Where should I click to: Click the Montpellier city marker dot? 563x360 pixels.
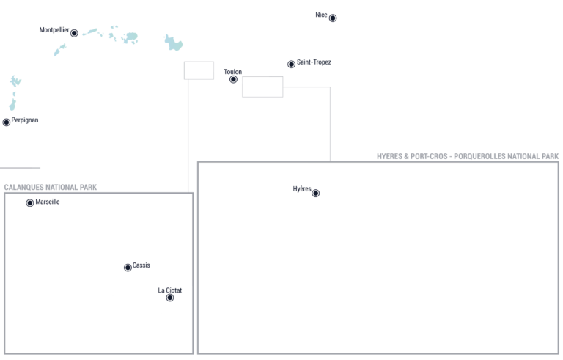click(x=74, y=33)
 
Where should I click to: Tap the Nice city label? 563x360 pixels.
click(x=321, y=15)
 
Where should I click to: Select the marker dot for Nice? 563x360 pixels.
click(x=333, y=18)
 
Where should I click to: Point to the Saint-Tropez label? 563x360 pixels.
click(x=314, y=62)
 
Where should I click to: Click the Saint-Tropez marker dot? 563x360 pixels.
click(x=291, y=64)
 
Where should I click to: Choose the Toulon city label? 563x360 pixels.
click(x=232, y=72)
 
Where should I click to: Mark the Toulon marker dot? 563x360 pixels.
click(x=233, y=79)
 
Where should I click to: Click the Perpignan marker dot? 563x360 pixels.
click(x=7, y=122)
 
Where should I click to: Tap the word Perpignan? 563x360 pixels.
click(x=25, y=120)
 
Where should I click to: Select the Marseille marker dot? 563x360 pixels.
click(x=30, y=203)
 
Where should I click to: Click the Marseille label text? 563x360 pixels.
click(x=48, y=202)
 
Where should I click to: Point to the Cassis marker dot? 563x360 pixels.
click(x=128, y=268)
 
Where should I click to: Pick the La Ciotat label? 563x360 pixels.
click(x=170, y=290)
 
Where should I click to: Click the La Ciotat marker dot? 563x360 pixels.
click(x=170, y=298)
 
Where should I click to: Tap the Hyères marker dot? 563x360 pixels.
click(x=316, y=194)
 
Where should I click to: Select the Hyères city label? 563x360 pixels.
click(x=302, y=189)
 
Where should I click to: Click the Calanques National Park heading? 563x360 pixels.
click(x=51, y=187)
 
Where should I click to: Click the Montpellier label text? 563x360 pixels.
click(x=54, y=30)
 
